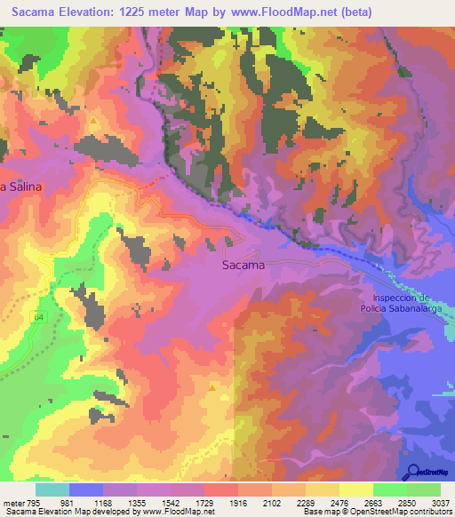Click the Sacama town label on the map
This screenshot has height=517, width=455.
tap(242, 265)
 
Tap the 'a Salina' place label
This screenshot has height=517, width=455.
tap(21, 187)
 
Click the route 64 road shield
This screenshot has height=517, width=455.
tap(40, 316)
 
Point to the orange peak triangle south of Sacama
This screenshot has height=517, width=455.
tap(212, 387)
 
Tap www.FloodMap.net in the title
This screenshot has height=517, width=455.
tap(286, 12)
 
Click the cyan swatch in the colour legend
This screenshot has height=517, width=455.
tap(52, 489)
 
